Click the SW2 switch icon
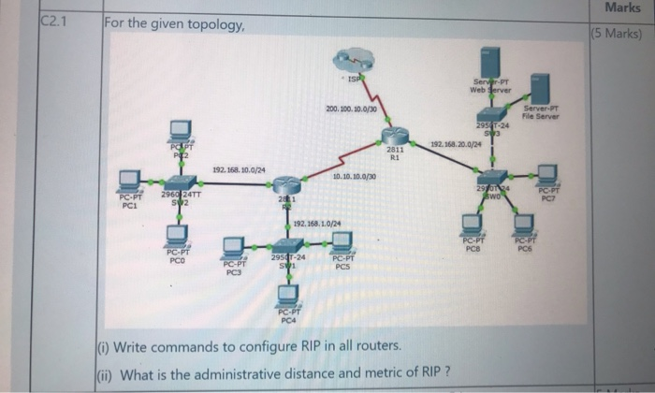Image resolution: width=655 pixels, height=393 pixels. [x=177, y=183]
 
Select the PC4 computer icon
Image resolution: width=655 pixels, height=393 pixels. [x=289, y=296]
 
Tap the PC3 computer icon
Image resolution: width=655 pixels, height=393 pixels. [x=234, y=249]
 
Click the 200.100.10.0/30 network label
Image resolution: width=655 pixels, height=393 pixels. [x=351, y=109]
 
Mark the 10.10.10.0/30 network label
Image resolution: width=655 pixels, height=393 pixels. [x=355, y=176]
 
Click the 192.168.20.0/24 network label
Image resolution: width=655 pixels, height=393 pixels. [x=456, y=144]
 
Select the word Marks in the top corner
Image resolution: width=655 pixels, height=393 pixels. [x=622, y=7]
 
